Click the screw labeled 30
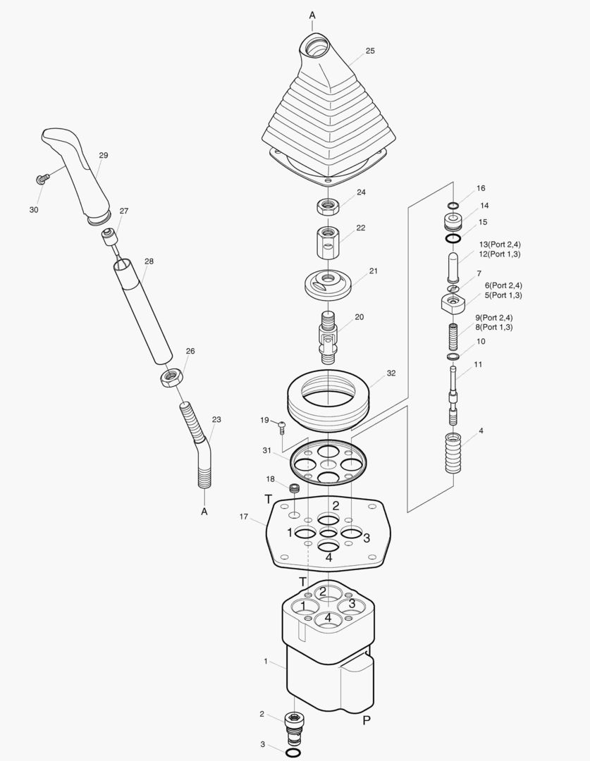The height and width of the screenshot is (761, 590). click(x=42, y=179)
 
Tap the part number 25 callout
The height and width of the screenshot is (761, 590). click(x=370, y=51)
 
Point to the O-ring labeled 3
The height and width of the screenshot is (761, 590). click(x=295, y=753)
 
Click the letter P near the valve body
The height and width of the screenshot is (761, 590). click(x=367, y=720)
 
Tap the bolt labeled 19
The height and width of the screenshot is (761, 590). click(x=282, y=426)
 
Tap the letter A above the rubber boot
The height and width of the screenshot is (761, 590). click(x=312, y=15)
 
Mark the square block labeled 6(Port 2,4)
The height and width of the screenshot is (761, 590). click(x=452, y=304)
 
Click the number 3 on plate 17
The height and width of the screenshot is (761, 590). click(x=367, y=539)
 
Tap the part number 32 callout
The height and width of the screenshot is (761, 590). click(x=391, y=373)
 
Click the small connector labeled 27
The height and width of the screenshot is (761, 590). click(x=109, y=236)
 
